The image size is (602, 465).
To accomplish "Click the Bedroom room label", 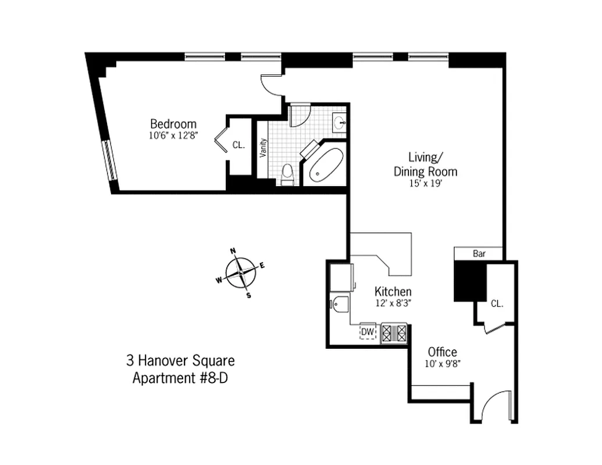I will (173, 124).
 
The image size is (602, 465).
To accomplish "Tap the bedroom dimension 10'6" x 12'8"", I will (173, 137).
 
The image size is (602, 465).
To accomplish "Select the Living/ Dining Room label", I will (425, 164).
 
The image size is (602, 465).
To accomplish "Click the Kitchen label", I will (393, 291).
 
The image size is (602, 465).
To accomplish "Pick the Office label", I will (442, 352).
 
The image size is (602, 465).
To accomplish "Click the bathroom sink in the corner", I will (340, 123).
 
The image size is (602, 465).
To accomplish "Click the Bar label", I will (479, 254).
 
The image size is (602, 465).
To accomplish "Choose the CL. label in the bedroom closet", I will (238, 145).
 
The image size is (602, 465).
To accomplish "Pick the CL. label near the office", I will (496, 303).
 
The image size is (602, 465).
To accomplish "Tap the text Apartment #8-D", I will (184, 378).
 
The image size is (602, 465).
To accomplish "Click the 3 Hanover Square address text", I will (180, 361).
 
